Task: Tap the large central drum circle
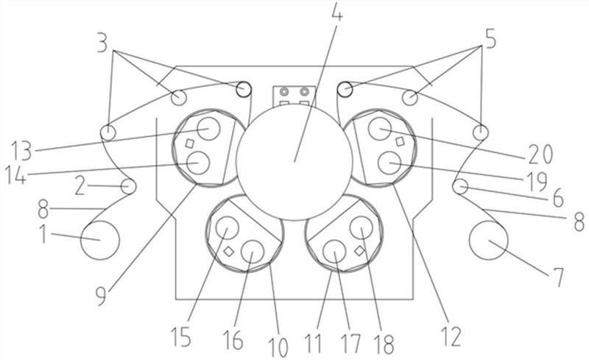click(294, 162)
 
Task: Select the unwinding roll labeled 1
click(100, 240)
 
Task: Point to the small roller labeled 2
click(128, 186)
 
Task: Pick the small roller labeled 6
click(461, 186)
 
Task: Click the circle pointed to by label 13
click(208, 129)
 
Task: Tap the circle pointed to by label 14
click(197, 163)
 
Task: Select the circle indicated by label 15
click(227, 227)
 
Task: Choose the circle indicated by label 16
click(253, 252)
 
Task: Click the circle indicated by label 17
click(334, 252)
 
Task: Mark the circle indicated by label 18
click(361, 227)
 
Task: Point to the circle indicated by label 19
click(389, 163)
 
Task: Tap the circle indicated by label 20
click(380, 129)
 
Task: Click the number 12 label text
click(451, 336)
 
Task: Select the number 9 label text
click(101, 296)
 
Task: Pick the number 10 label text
click(278, 347)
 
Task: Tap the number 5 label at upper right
click(490, 39)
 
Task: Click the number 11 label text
click(314, 343)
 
